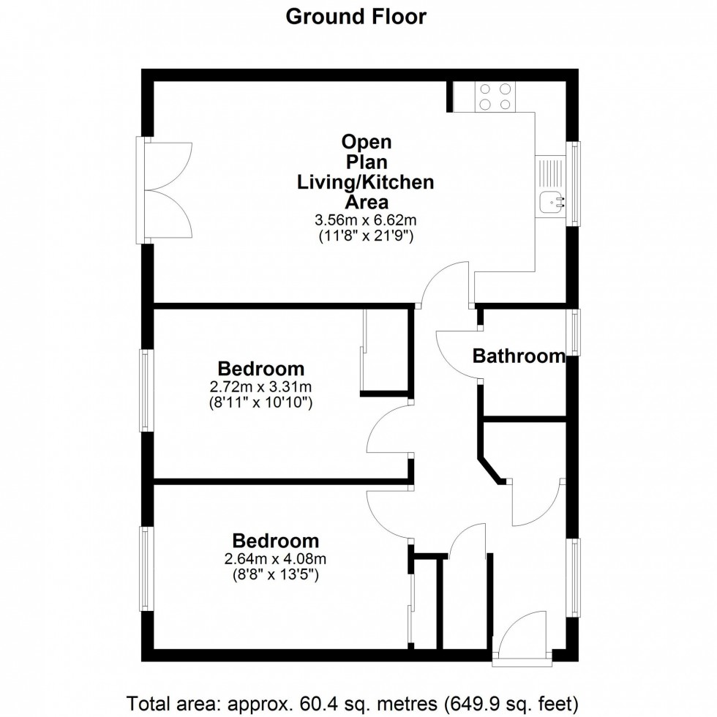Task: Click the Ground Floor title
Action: click(356, 17)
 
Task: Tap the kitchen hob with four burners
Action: click(495, 97)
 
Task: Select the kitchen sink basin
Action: click(552, 202)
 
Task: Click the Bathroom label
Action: click(519, 356)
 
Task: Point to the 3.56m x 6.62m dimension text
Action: click(365, 220)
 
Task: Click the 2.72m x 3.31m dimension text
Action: click(260, 387)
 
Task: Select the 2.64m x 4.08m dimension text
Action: click(275, 559)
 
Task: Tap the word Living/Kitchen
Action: click(365, 182)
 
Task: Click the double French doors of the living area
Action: click(164, 189)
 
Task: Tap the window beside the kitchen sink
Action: click(574, 184)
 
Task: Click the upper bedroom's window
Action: click(146, 391)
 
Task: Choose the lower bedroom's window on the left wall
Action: click(146, 568)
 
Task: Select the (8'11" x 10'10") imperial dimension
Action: click(260, 403)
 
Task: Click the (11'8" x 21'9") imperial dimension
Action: click(366, 236)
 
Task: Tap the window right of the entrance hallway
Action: click(574, 577)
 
